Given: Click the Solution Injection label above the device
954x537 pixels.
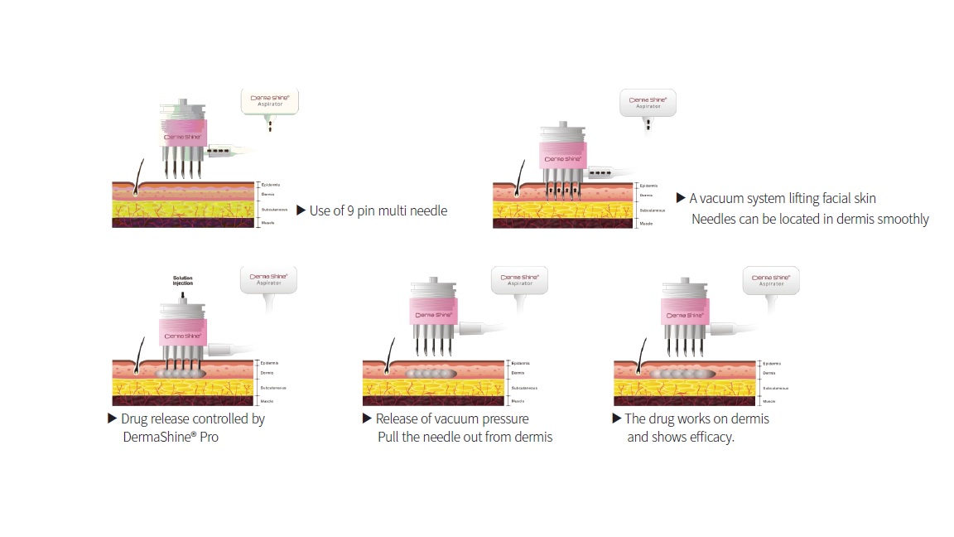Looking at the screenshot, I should (x=183, y=280).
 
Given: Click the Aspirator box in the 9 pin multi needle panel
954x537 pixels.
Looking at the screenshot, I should (x=270, y=101).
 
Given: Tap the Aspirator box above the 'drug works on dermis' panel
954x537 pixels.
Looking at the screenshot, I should (x=770, y=280).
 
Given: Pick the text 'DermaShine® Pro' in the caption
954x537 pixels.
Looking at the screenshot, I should (x=171, y=437).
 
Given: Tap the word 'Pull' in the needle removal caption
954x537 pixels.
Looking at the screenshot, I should (x=390, y=437).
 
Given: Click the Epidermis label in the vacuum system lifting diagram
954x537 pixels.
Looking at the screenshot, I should (x=648, y=186).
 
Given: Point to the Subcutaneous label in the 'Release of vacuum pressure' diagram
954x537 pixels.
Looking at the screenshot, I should (x=524, y=388).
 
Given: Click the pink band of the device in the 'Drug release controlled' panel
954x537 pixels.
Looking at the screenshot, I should (x=182, y=335).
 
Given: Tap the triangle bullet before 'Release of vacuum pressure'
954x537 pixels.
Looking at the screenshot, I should (x=367, y=418).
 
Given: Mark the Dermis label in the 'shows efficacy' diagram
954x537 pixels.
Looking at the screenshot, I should (x=769, y=374).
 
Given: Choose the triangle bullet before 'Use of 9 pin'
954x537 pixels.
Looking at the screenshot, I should (x=301, y=211).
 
